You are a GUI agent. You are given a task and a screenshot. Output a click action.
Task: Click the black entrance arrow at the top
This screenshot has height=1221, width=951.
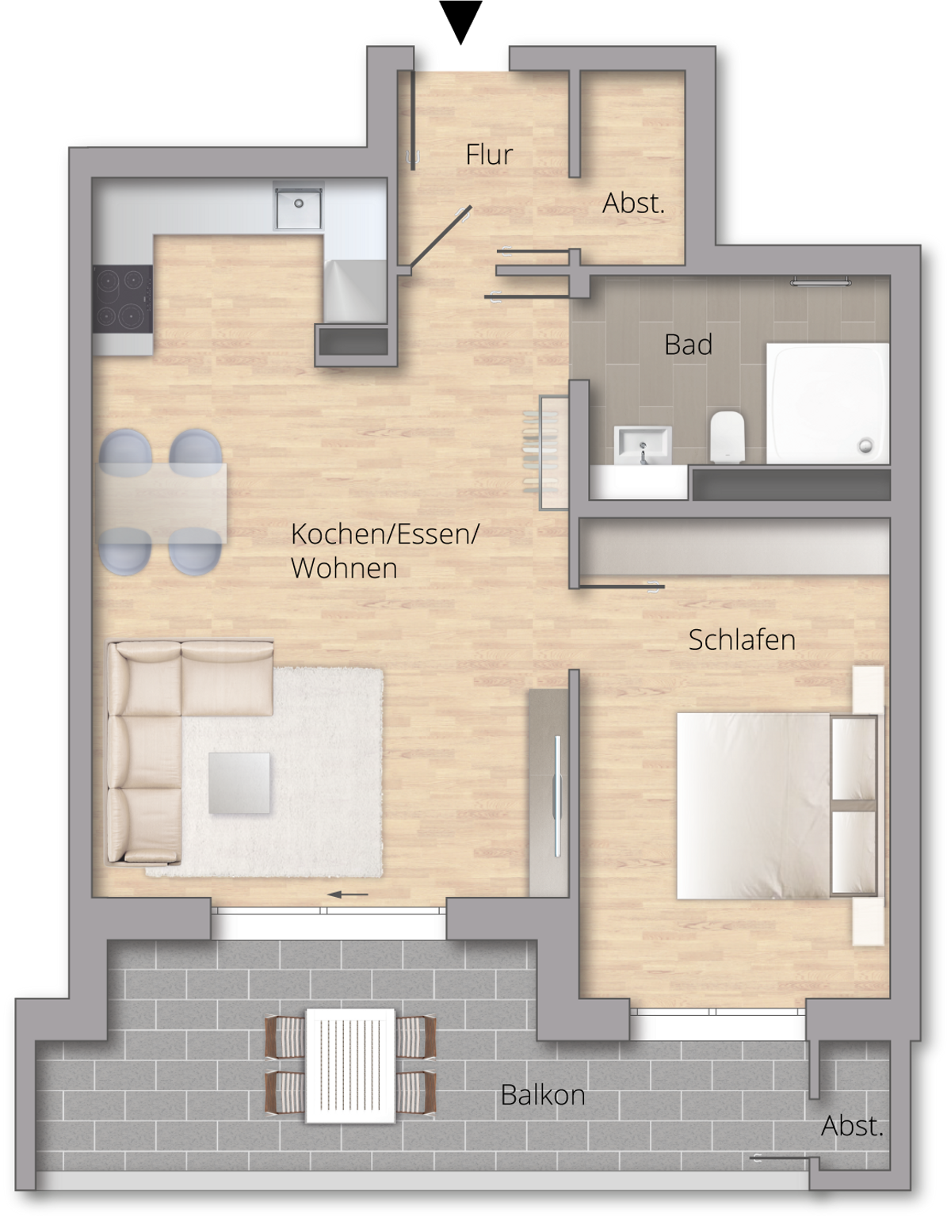click(460, 21)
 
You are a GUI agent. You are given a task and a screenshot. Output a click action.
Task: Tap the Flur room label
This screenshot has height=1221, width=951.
click(489, 155)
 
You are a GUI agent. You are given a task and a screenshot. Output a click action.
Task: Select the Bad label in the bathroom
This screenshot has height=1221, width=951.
click(688, 345)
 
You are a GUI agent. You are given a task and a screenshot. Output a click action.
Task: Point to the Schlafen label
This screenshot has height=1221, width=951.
click(742, 640)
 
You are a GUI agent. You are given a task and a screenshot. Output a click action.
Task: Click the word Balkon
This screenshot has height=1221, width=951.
click(543, 1094)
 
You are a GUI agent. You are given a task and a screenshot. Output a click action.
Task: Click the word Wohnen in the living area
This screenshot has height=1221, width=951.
click(344, 567)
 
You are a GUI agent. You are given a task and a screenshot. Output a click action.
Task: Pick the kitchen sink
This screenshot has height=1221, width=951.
click(298, 205)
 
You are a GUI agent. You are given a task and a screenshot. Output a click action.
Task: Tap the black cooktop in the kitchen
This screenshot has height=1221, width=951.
click(123, 299)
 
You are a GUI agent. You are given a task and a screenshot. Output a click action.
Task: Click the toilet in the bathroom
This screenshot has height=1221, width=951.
click(728, 437)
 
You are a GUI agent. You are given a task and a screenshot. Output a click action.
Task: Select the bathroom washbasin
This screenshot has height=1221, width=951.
click(643, 445)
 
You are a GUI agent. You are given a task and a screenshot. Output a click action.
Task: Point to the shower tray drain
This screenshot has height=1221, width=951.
click(867, 446)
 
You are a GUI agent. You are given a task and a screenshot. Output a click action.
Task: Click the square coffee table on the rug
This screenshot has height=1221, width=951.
click(239, 783)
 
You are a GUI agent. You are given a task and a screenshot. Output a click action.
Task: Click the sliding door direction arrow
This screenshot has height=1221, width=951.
click(348, 894)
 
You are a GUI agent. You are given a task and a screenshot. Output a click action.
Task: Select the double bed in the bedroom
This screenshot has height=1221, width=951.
click(777, 806)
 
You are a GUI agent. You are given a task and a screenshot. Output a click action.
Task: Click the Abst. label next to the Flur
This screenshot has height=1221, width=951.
click(634, 203)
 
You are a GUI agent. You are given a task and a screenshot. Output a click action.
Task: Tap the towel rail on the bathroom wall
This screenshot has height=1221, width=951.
click(821, 281)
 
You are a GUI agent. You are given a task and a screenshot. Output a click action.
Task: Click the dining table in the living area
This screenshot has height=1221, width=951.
click(163, 503)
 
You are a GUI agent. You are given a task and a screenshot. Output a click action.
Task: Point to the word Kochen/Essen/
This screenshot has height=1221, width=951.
click(385, 534)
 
